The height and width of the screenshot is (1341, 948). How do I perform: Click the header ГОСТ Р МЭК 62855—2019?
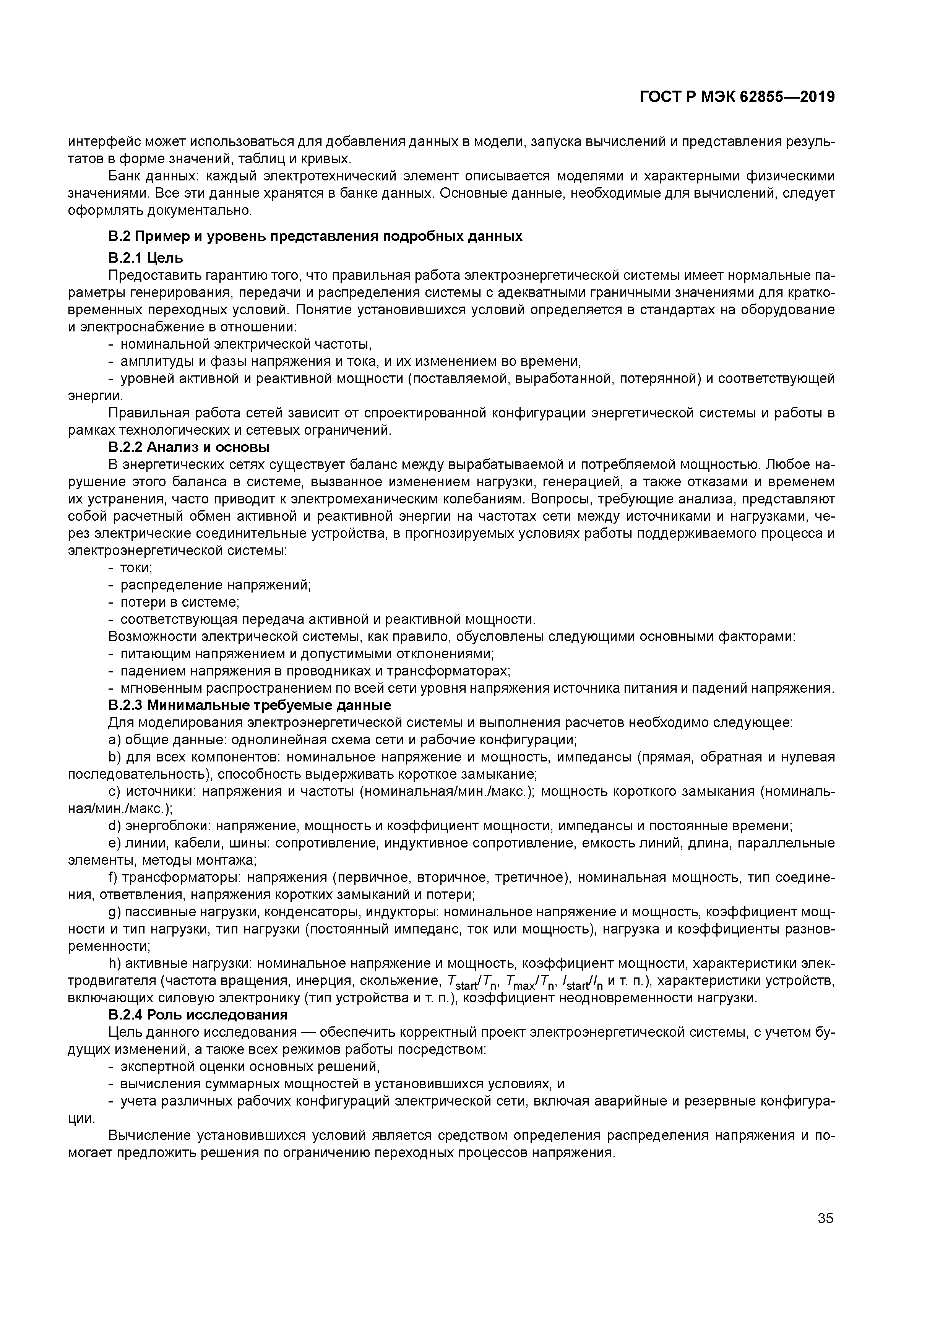737,97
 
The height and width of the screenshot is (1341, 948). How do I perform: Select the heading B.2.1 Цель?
146,258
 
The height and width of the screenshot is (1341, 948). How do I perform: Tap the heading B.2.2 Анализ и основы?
189,447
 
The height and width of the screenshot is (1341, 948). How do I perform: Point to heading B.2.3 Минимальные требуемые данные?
249,705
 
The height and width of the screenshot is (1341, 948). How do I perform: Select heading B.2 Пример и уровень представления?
315,237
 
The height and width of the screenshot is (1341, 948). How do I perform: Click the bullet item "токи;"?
136,568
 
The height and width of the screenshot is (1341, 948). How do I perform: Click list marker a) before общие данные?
114,739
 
